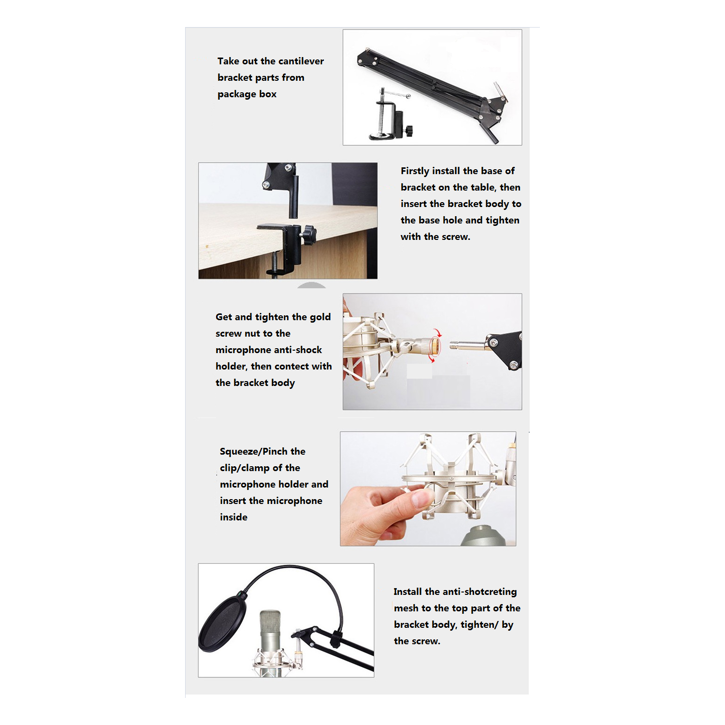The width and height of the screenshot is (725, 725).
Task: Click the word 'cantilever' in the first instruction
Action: [x=300, y=61]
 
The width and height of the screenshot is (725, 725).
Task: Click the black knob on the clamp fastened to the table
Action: [x=307, y=235]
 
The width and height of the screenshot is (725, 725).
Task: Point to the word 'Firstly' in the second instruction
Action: [x=415, y=171]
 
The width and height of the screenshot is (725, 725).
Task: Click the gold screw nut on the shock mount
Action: [x=435, y=345]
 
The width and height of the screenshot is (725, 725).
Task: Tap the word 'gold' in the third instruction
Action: [x=320, y=317]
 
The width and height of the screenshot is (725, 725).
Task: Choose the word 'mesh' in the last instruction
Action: [x=406, y=608]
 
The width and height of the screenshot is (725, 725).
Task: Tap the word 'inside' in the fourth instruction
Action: [x=233, y=518]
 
